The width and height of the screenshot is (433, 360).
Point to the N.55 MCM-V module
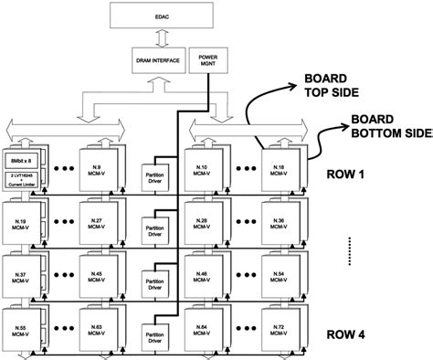pyautogui.click(x=20, y=326)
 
